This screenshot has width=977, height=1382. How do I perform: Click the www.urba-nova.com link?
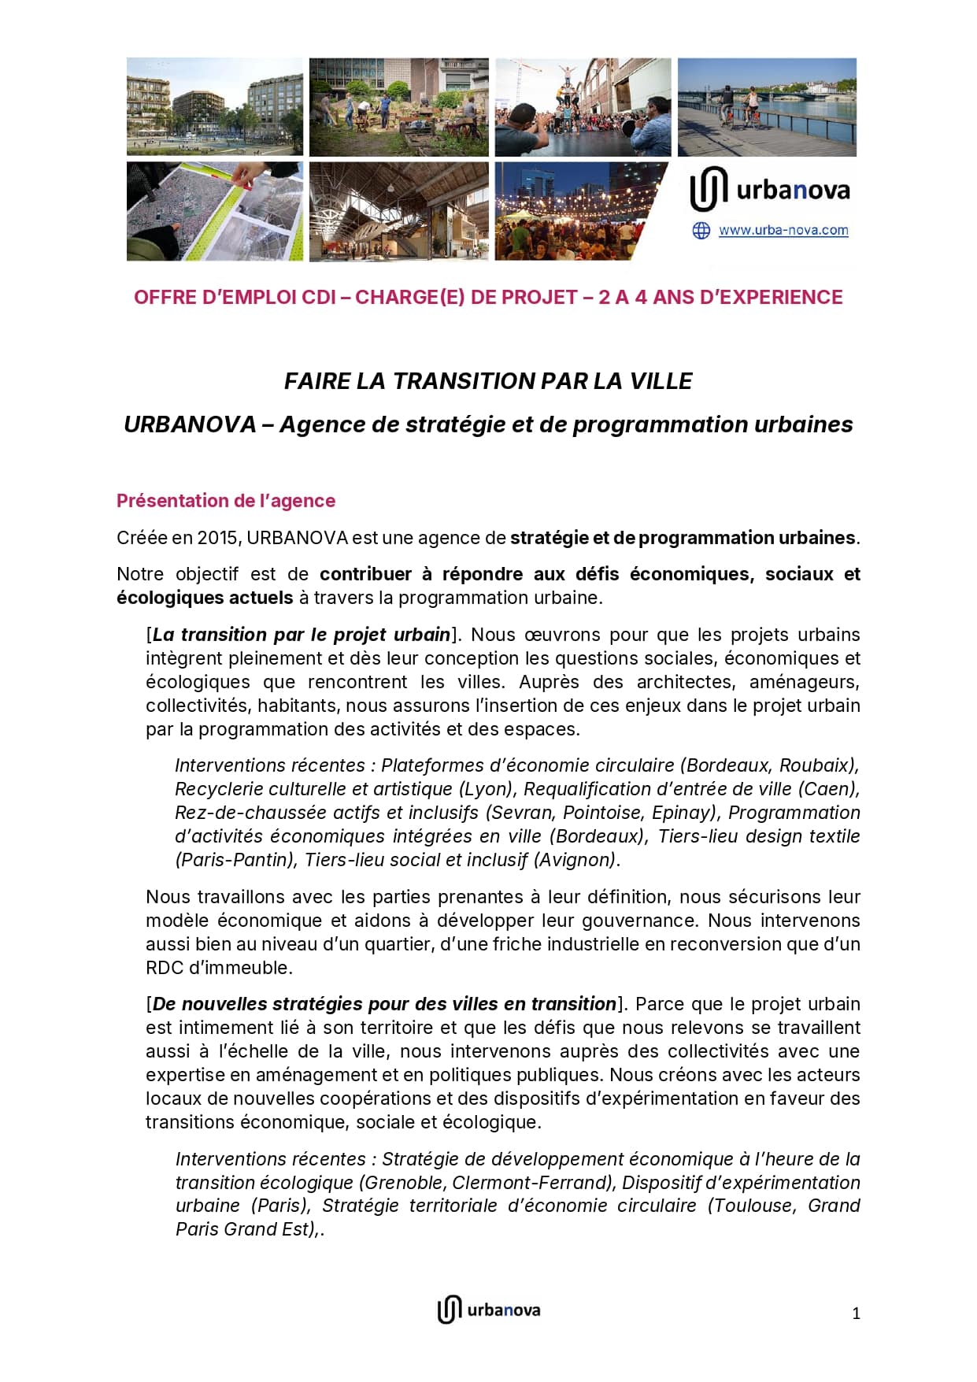[783, 231]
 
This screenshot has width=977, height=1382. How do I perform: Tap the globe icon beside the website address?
[701, 231]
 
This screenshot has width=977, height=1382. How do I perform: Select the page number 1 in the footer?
[856, 1313]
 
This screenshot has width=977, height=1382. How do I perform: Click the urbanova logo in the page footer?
[489, 1310]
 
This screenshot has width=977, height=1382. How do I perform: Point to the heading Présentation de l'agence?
[226, 501]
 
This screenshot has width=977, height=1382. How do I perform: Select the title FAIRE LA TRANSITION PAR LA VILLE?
[488, 381]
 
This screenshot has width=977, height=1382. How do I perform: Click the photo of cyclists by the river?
[767, 107]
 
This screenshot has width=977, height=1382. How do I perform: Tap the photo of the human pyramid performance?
[583, 107]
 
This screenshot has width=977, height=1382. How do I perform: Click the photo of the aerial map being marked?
[214, 211]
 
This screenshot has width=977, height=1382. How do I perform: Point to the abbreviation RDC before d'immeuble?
[164, 968]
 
